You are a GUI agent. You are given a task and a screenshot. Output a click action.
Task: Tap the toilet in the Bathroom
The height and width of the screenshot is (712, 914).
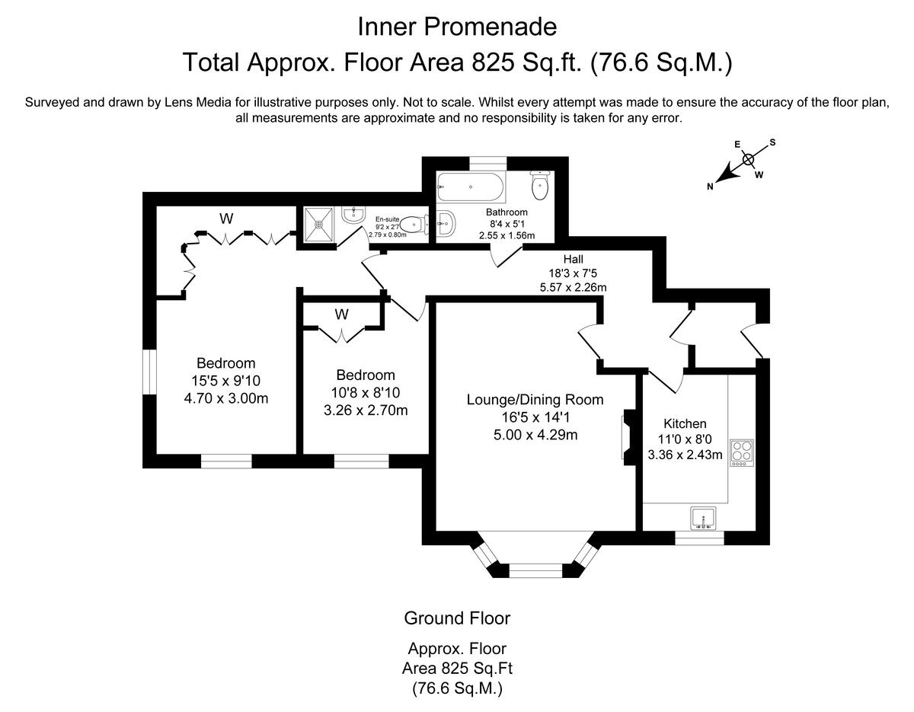[541, 183]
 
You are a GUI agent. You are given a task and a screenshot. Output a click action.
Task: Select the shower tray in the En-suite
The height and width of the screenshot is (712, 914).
[319, 224]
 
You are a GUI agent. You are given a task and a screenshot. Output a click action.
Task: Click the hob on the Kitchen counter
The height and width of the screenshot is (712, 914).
[741, 452]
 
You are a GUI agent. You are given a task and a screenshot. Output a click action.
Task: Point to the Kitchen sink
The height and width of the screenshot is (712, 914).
[701, 518]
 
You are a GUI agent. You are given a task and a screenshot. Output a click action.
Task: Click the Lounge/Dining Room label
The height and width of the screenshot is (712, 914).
[535, 400]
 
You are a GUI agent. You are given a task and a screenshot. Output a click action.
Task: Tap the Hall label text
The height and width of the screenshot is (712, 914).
[573, 260]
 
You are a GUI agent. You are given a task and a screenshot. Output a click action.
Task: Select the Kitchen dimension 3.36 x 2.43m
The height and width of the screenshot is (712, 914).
[685, 455]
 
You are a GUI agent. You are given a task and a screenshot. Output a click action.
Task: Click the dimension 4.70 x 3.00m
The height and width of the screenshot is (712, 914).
[225, 398]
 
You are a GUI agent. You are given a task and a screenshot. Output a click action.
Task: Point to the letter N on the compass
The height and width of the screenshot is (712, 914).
[711, 187]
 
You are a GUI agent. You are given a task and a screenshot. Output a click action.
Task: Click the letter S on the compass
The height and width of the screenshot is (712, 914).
[772, 142]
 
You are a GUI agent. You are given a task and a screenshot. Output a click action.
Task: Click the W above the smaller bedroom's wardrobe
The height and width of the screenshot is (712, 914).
[341, 314]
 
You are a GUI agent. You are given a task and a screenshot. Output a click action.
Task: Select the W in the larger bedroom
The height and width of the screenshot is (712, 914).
[226, 219]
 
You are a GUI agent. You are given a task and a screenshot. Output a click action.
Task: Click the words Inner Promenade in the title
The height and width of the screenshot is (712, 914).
[457, 27]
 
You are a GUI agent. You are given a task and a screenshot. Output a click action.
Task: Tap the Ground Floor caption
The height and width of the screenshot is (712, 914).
[457, 618]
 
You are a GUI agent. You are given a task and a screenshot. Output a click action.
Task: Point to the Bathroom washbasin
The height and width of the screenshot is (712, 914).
[447, 224]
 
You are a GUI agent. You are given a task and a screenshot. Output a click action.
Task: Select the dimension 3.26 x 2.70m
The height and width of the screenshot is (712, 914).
[366, 410]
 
